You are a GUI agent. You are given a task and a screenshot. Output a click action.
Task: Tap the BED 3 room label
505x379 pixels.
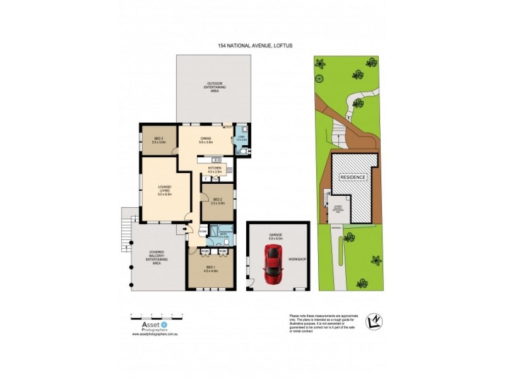tap(158, 140)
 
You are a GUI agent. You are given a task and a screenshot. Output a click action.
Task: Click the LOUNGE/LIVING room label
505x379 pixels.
tap(165, 189)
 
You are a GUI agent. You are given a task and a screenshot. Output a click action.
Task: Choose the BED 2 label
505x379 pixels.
tap(217, 200)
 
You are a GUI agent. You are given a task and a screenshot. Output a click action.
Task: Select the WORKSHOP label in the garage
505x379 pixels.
tap(297, 259)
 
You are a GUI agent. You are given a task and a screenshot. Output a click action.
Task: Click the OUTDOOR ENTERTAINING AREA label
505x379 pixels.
tap(213, 87)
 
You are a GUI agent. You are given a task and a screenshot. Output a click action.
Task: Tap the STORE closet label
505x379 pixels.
tap(203, 232)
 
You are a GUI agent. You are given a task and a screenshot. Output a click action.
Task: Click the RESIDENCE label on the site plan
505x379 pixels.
tap(353, 177)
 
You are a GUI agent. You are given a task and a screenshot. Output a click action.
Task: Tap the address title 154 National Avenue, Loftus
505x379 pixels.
tap(255, 46)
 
